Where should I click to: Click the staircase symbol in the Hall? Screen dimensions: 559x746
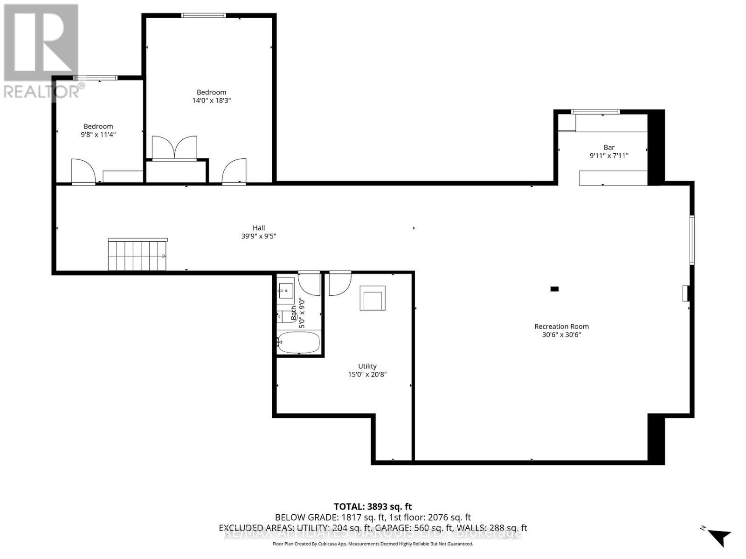click(138, 255)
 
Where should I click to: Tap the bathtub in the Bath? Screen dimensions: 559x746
click(298, 342)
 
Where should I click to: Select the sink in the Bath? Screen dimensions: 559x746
click(286, 290)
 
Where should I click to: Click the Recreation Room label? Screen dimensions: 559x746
click(561, 327)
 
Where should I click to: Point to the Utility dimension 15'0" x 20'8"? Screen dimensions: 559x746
click(367, 374)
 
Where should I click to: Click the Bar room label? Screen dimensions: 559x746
click(609, 147)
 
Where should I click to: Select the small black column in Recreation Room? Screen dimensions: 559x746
click(554, 289)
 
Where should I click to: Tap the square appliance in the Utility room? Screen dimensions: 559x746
click(373, 298)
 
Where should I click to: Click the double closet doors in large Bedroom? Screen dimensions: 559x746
click(175, 148)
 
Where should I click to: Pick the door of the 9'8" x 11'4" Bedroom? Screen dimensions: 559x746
click(83, 171)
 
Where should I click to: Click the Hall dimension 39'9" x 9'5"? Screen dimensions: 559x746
click(259, 236)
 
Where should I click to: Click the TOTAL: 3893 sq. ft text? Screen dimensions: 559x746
click(373, 506)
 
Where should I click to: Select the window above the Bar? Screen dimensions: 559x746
click(595, 111)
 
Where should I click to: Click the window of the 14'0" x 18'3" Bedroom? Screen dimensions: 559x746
click(203, 15)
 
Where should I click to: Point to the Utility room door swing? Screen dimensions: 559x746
click(339, 283)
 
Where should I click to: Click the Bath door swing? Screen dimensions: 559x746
click(309, 283)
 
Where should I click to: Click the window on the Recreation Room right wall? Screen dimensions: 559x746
click(692, 240)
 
